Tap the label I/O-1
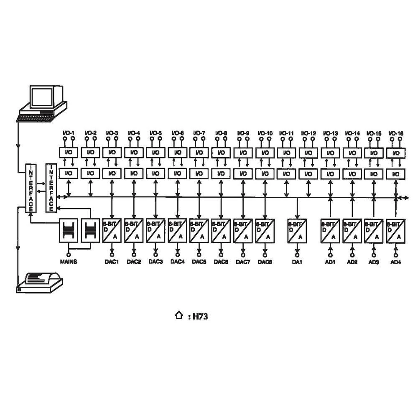[69, 133]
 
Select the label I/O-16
[395, 133]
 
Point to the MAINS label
[68, 262]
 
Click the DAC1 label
[112, 262]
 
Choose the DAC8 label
[265, 262]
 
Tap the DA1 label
[297, 262]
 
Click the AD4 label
[395, 262]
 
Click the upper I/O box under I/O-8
[221, 153]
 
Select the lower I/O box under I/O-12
[308, 173]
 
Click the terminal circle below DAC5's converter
[199, 254]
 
